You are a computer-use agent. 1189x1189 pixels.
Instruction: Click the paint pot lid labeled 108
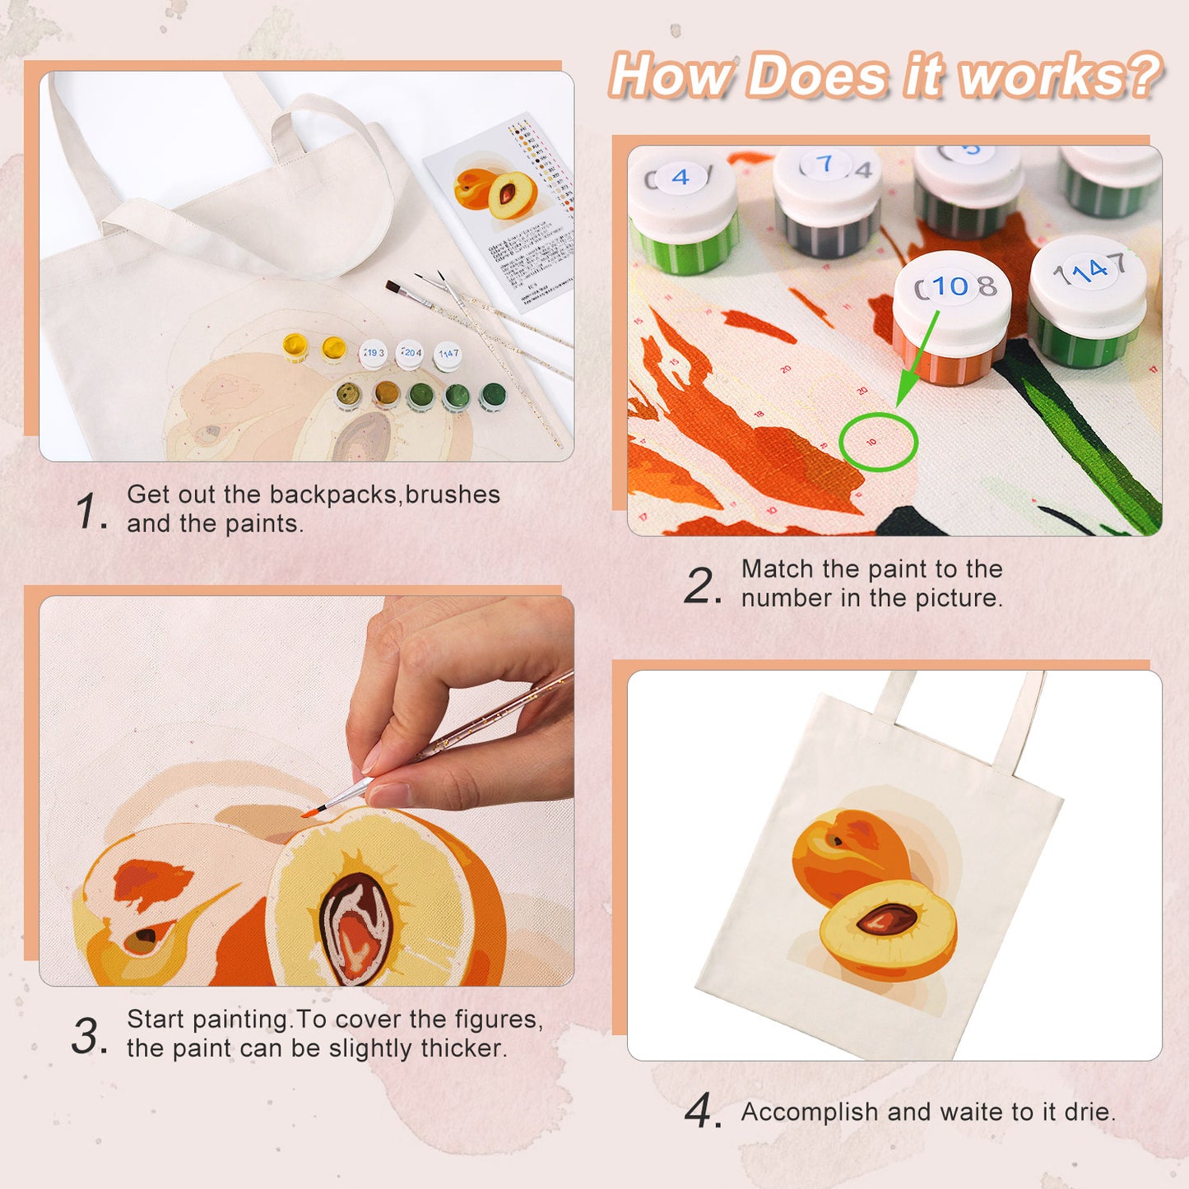pos(953,288)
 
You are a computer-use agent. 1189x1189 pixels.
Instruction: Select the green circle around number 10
pos(878,442)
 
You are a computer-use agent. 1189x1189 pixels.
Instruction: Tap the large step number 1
pos(89,511)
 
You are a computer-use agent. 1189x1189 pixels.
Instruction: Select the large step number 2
pos(701,586)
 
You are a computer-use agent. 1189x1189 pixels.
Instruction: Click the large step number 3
pos(87,1036)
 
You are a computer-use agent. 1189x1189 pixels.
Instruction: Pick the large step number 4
pos(701,1112)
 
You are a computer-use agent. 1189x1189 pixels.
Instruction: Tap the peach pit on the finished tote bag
pos(888,918)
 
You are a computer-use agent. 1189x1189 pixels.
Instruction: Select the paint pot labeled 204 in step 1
pos(410,354)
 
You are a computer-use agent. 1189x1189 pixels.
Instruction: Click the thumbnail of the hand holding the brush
pos(306,790)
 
